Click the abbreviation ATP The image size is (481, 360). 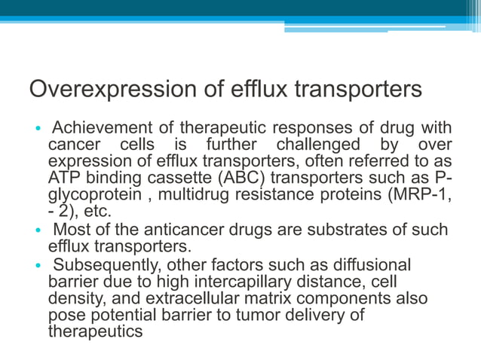point(64,178)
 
